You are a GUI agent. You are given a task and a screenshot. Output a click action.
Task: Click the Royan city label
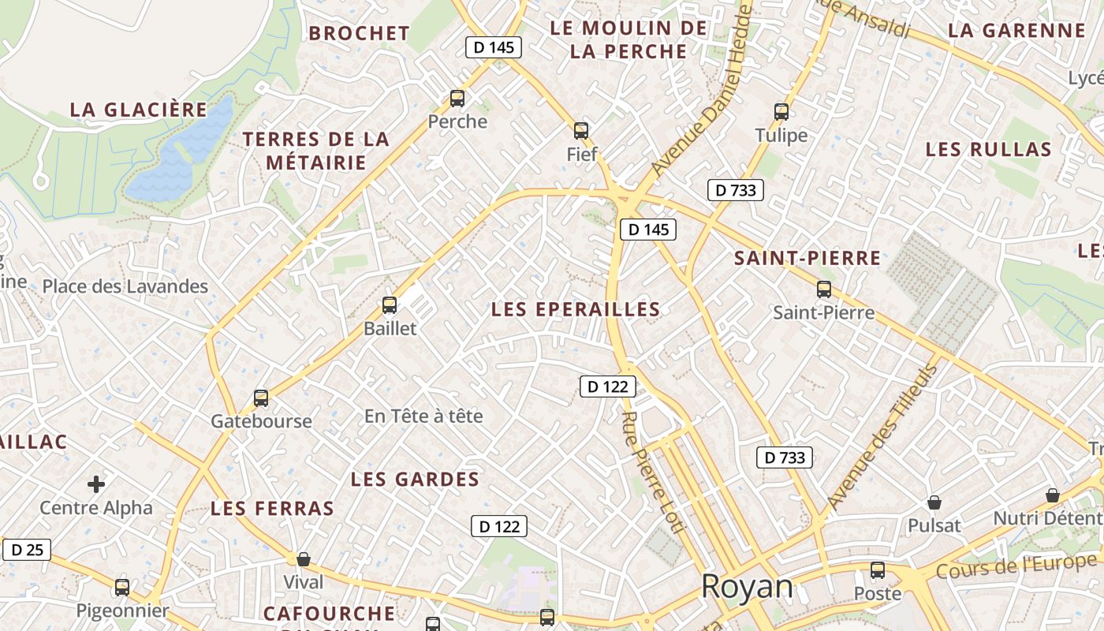pos(747,587)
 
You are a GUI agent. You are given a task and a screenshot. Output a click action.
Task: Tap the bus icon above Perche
pos(457,99)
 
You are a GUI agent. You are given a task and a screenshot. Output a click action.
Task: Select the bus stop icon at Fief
pos(581,130)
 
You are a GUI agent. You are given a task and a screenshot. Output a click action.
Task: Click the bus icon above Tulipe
pos(781,111)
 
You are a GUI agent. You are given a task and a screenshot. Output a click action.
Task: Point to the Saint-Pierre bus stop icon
pos(824,289)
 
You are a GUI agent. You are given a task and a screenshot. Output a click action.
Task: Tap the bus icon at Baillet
pos(390,305)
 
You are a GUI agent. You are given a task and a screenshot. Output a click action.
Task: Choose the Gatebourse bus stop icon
pos(261,398)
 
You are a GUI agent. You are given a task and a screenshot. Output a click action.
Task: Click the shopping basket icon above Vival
pos(304,559)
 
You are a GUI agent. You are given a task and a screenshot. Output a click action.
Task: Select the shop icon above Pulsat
pos(934,502)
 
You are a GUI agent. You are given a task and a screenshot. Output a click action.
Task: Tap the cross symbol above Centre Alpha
pos(96,484)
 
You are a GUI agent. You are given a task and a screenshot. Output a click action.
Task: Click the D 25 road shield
pos(28,550)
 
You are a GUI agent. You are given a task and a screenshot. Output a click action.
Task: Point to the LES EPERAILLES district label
pos(576,310)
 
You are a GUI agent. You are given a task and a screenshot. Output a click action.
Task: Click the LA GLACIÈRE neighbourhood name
pos(139,110)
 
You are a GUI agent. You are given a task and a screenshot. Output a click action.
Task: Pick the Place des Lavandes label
pos(125,286)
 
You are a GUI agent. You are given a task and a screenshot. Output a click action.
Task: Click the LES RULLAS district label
pos(988,150)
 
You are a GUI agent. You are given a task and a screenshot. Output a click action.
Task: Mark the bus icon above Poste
pos(878,570)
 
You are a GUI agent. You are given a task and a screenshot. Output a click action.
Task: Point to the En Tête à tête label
pos(423,416)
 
